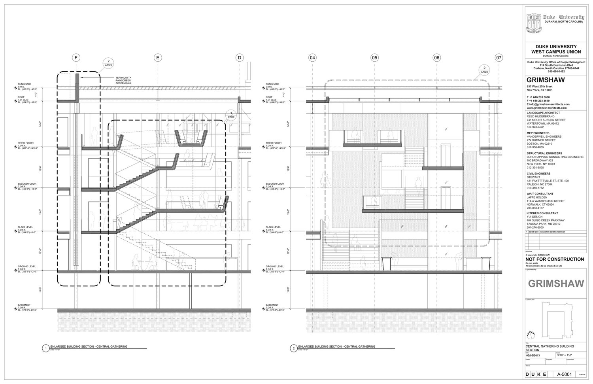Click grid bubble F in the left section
76,58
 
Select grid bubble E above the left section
157,58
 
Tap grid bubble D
239,58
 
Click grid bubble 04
312,58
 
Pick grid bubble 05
374,58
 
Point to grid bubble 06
436,58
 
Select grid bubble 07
499,58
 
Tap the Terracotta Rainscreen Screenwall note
123,81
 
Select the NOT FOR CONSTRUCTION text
555,259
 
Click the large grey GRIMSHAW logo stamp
554,284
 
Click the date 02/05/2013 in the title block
533,355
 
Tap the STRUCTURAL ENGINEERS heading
544,153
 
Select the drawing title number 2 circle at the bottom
293,348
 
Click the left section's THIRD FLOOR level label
27,143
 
